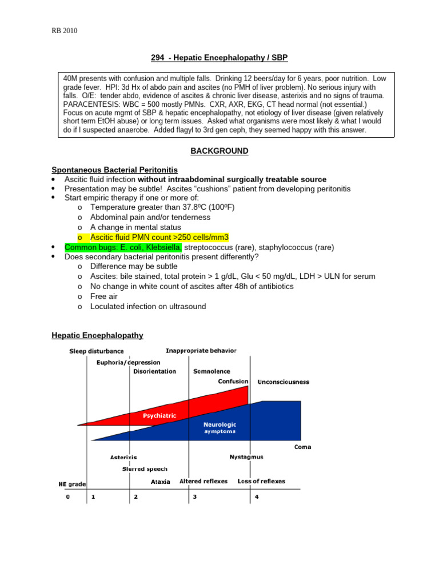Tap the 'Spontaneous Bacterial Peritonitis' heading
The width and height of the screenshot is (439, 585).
point(114,170)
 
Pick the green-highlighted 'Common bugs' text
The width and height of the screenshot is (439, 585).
point(123,247)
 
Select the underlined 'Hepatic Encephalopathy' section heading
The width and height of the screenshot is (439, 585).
point(97,335)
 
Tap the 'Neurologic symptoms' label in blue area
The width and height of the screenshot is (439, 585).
point(219,428)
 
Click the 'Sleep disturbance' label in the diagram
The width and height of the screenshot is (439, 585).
point(97,351)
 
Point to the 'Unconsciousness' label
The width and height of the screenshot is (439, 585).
point(284,382)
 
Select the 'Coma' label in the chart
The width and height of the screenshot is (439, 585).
point(303,447)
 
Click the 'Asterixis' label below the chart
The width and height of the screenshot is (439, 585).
point(123,458)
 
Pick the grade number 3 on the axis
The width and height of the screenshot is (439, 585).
point(195,496)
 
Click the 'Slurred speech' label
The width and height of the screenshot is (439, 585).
point(145,469)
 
